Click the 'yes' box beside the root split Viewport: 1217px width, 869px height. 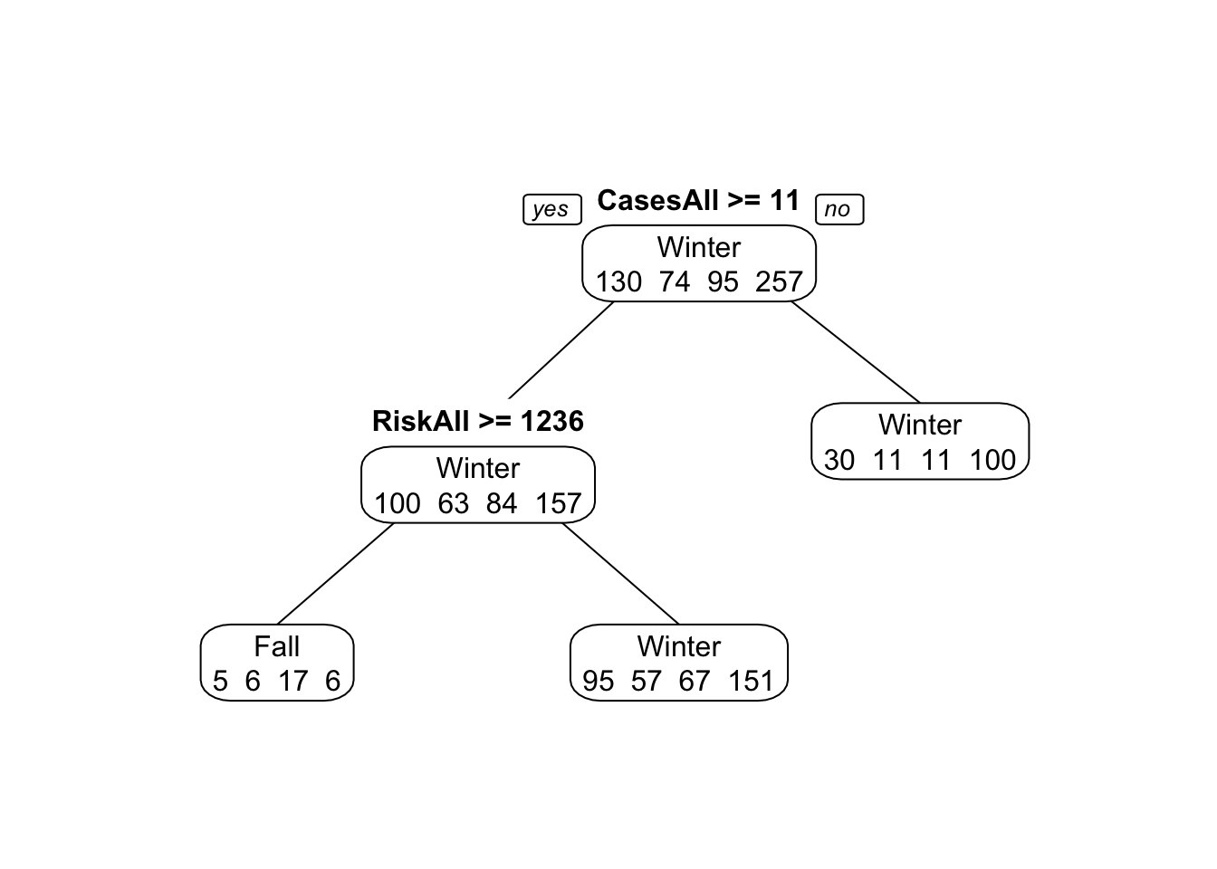pos(551,209)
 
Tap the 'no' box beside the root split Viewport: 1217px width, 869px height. pos(839,209)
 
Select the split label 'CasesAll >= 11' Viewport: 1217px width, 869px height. pos(698,200)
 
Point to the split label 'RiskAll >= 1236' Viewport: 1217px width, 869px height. pos(477,421)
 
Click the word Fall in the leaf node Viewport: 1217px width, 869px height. pos(276,646)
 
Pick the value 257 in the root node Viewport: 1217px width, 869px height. pos(779,282)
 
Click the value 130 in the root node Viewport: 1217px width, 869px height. pos(618,282)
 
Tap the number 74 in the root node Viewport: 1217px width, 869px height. pos(675,282)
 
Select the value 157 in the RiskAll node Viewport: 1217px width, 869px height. pos(558,503)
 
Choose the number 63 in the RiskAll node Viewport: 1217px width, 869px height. pos(453,503)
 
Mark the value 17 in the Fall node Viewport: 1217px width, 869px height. pos(292,681)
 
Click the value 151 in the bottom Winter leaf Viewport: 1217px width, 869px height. pos(751,681)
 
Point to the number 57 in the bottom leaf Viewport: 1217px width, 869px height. pos(646,681)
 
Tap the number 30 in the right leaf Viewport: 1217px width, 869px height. pos(839,460)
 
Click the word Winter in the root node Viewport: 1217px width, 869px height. pos(698,247)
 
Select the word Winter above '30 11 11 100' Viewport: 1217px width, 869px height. pos(920,425)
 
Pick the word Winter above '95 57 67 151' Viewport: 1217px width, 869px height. pos(678,646)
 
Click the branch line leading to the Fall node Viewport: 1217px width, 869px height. pos(335,574)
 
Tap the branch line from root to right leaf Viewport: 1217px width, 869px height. pos(856,351)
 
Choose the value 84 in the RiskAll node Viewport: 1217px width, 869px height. pos(501,503)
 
